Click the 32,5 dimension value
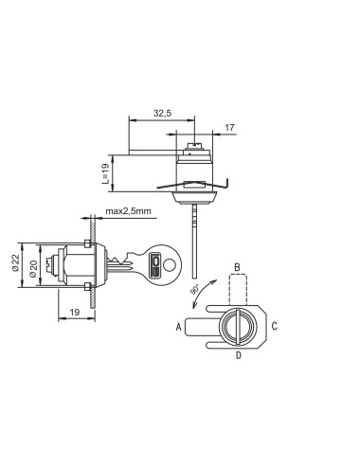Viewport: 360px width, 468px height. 162,113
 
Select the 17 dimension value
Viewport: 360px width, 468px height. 229,128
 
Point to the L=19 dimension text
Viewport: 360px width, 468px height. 105,173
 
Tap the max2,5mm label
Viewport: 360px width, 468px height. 128,211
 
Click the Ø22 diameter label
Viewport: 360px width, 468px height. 15,262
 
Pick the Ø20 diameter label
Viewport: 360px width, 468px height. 33,269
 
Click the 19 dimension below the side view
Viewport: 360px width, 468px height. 75,313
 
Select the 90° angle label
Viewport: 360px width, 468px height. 195,289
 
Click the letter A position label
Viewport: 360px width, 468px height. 179,327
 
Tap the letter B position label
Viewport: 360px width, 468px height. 237,267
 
